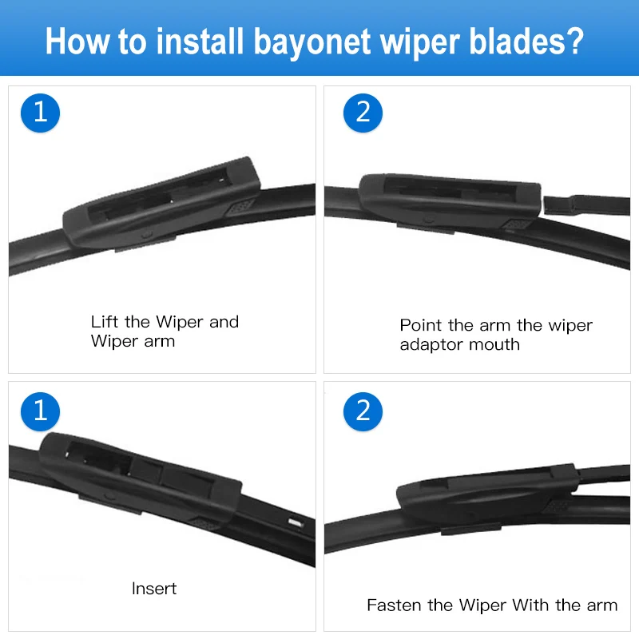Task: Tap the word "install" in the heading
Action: [193, 40]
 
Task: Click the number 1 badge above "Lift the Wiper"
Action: [40, 112]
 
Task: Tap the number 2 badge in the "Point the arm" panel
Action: [363, 112]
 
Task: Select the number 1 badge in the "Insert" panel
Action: [40, 411]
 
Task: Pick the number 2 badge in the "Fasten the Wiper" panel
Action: [363, 411]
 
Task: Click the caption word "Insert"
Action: [154, 589]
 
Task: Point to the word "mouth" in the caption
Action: [498, 345]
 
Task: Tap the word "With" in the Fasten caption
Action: [531, 605]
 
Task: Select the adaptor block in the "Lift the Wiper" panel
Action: [160, 204]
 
